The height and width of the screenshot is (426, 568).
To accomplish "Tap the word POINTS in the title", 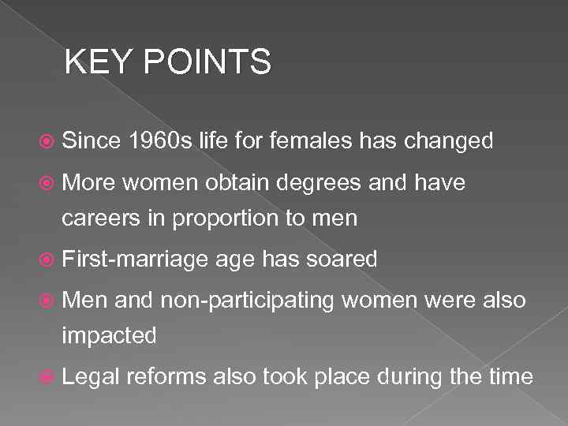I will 206,62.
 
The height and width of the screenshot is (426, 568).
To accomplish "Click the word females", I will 310,141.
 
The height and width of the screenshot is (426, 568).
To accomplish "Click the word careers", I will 103,218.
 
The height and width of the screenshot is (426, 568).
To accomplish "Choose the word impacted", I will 110,337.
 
